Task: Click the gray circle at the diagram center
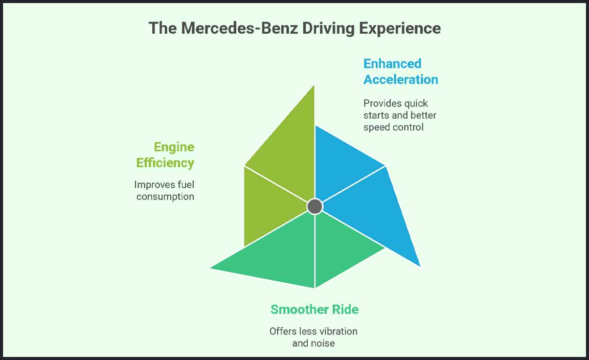pos(314,207)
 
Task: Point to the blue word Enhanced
pos(392,63)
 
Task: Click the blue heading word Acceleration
pos(401,79)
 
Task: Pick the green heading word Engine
pos(174,147)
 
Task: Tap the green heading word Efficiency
pos(165,163)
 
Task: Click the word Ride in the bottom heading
pos(345,309)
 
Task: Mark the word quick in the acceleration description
pos(417,103)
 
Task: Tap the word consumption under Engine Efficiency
pos(165,196)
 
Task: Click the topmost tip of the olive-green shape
pos(313,85)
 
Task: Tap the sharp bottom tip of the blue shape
pos(419,265)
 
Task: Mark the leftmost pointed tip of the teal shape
pos(211,267)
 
